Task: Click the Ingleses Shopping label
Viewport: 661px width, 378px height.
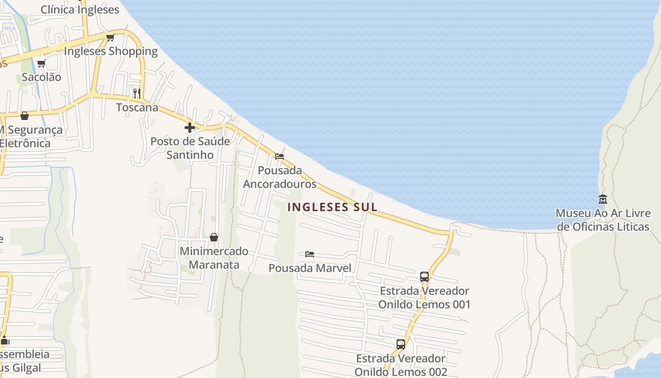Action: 110,51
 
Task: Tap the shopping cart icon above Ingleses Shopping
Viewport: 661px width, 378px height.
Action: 110,37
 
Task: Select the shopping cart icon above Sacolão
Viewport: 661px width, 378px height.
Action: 41,63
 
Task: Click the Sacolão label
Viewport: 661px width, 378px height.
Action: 42,77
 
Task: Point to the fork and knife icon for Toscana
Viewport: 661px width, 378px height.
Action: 136,93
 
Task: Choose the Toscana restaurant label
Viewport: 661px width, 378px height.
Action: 137,107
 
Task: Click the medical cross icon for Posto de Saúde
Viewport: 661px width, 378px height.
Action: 190,128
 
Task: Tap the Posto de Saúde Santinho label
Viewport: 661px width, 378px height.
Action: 190,148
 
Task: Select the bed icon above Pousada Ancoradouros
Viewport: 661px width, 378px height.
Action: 280,156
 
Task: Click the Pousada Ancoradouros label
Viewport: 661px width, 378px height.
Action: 280,177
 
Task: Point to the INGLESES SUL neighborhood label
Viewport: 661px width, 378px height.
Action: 332,207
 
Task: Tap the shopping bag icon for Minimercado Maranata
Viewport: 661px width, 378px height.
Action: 214,237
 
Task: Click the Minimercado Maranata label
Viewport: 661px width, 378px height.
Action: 214,258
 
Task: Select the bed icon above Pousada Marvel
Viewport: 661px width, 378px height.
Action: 310,254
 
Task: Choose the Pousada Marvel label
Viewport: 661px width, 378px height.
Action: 310,268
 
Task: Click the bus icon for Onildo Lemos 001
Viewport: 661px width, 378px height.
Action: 424,276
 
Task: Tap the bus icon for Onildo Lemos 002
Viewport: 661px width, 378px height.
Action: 401,344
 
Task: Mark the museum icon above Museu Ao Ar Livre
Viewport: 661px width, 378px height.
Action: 602,199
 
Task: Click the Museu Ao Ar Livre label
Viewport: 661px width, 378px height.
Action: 603,220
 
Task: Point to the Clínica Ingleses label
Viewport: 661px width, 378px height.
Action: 80,9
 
